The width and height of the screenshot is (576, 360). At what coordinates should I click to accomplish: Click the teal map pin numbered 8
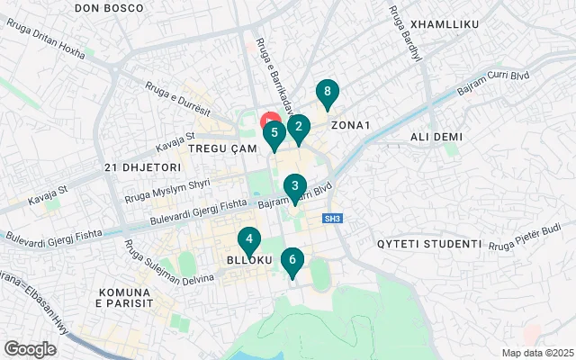[x=328, y=93]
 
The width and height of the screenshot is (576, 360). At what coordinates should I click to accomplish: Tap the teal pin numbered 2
[x=299, y=127]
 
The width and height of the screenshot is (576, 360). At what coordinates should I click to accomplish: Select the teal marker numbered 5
[x=274, y=134]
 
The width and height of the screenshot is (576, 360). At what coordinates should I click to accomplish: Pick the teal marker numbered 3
[x=293, y=186]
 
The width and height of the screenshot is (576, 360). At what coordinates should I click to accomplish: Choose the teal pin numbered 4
[x=248, y=240]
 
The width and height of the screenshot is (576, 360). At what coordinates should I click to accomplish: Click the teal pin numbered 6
[x=292, y=261]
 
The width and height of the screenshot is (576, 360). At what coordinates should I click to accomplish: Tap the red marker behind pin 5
[x=268, y=120]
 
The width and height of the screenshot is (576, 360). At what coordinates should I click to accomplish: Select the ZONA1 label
[x=351, y=125]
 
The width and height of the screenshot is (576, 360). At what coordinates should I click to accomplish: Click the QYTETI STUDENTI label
[x=429, y=244]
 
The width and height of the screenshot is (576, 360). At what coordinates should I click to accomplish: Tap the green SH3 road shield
[x=333, y=218]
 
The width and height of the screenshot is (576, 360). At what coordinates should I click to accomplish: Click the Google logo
[x=30, y=348]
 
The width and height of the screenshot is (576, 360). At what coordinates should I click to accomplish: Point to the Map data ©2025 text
[x=536, y=353]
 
